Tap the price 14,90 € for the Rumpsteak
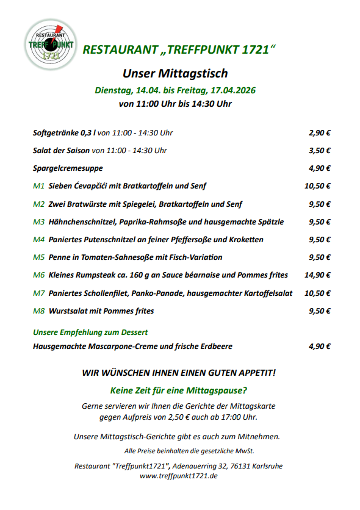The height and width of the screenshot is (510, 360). coord(317,275)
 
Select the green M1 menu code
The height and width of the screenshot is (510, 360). coord(38,186)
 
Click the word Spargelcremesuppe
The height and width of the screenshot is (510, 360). coord(68,168)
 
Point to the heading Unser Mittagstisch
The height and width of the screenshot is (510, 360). coord(175,74)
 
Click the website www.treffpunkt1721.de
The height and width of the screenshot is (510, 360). coord(179,476)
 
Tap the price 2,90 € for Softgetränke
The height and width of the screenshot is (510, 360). coord(320,132)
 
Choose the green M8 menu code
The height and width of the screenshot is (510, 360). coord(38,311)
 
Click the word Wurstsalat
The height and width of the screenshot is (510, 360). coord(70,311)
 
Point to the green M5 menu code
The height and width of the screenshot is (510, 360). coord(38,257)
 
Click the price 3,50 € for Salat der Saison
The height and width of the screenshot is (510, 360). coord(320,150)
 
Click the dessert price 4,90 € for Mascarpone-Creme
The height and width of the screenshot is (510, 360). coord(320,347)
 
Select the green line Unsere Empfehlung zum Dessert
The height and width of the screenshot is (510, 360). coord(90,332)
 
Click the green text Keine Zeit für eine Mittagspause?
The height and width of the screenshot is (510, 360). coord(178,390)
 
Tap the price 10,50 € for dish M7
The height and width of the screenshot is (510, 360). coord(317,293)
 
